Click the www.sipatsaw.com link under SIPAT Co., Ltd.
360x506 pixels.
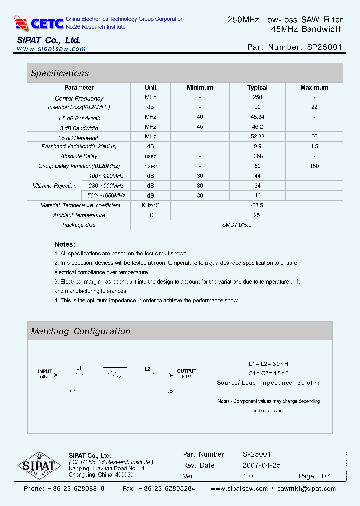tap(51, 49)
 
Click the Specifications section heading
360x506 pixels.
tap(60, 73)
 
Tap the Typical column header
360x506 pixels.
tap(257, 88)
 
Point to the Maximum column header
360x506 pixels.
tap(314, 88)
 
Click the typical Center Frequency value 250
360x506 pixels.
tap(257, 98)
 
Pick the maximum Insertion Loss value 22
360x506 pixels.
tap(314, 107)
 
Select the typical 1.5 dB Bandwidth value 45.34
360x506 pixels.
tap(257, 117)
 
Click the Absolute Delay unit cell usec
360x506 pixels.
tap(150, 156)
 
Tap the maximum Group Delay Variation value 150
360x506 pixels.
tap(314, 166)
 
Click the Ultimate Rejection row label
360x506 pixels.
tap(55, 186)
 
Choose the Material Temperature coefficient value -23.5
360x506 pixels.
tap(257, 205)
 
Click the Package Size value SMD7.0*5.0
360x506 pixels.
tap(237, 225)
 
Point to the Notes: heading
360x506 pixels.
tap(65, 244)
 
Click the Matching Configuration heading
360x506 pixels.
tap(81, 331)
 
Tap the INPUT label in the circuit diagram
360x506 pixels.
tap(45, 371)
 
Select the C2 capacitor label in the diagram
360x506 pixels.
tap(170, 391)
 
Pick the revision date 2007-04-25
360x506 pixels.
tap(262, 465)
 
